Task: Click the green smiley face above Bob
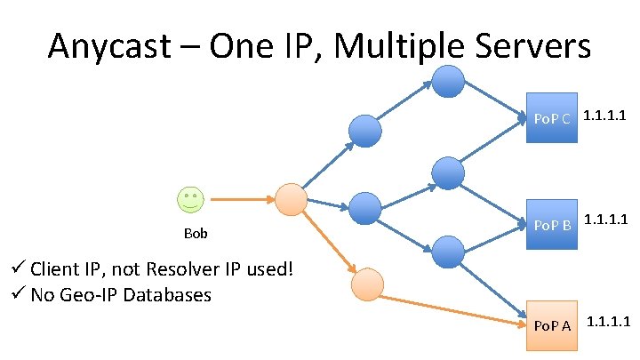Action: (189, 199)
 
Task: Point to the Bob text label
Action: (195, 235)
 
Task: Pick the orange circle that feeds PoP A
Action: (367, 284)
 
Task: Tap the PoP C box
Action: (551, 116)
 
